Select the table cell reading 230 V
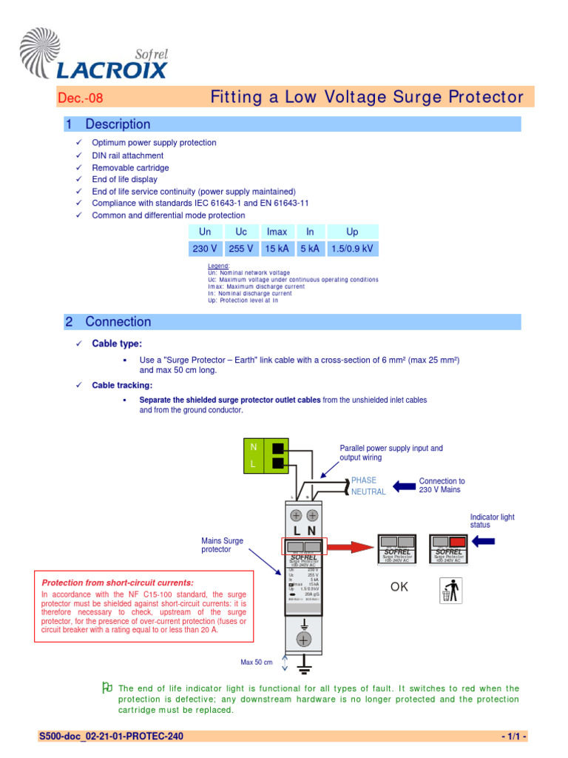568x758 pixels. click(205, 249)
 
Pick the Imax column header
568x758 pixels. click(277, 232)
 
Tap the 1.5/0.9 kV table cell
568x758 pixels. click(352, 249)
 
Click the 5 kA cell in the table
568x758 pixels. click(310, 249)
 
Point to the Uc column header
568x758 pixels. click(241, 232)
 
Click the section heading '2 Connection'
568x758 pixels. click(108, 322)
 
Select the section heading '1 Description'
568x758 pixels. click(108, 124)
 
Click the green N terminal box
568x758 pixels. click(254, 447)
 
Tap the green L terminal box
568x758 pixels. click(254, 464)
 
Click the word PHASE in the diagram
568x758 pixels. click(364, 480)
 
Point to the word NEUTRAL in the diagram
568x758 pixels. click(368, 492)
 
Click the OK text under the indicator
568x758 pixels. click(399, 588)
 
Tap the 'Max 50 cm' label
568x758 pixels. click(257, 662)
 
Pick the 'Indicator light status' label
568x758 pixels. click(492, 521)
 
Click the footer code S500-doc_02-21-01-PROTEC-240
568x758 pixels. click(112, 737)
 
